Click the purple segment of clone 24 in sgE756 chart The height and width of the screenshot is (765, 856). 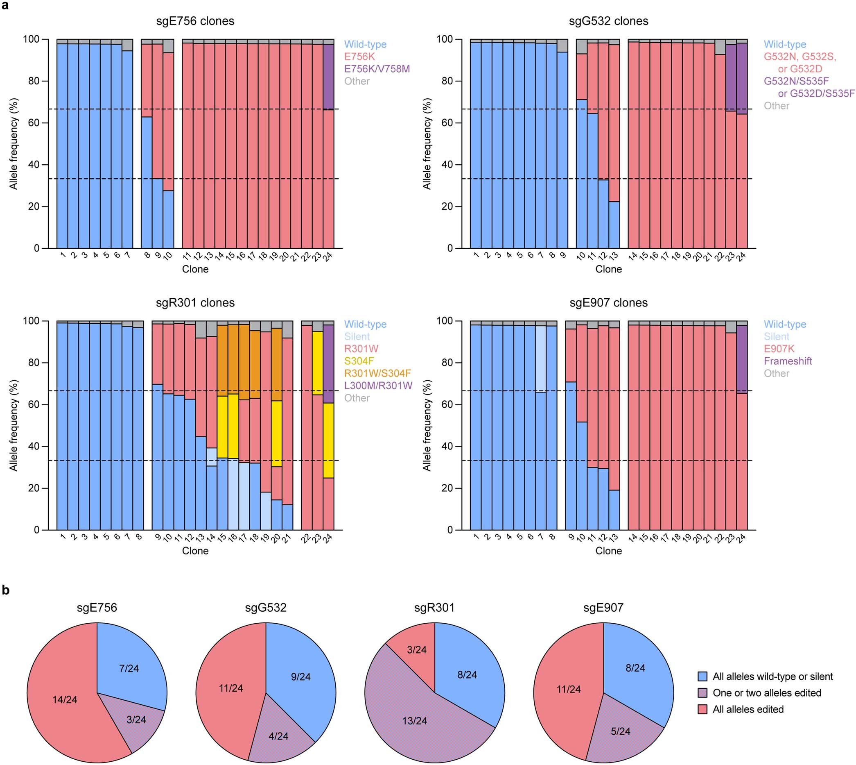pyautogui.click(x=328, y=77)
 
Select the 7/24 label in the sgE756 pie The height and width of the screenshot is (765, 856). pyautogui.click(x=129, y=668)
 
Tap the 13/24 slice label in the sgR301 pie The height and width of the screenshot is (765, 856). pyautogui.click(x=414, y=720)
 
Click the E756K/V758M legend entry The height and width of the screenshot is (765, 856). pyautogui.click(x=377, y=68)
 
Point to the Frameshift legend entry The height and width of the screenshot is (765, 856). pyautogui.click(x=788, y=361)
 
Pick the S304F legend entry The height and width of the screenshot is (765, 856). pyautogui.click(x=359, y=361)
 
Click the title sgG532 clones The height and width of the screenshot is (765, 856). pyautogui.click(x=608, y=21)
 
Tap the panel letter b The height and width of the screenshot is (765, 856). pyautogui.click(x=5, y=590)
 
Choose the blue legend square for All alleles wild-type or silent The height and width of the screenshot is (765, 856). pyautogui.click(x=702, y=676)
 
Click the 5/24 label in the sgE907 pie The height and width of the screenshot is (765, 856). pyautogui.click(x=620, y=731)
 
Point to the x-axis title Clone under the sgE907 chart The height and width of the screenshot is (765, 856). pyautogui.click(x=608, y=551)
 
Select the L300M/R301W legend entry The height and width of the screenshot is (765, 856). pyautogui.click(x=378, y=386)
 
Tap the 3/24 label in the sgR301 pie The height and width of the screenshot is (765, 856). pyautogui.click(x=417, y=649)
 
